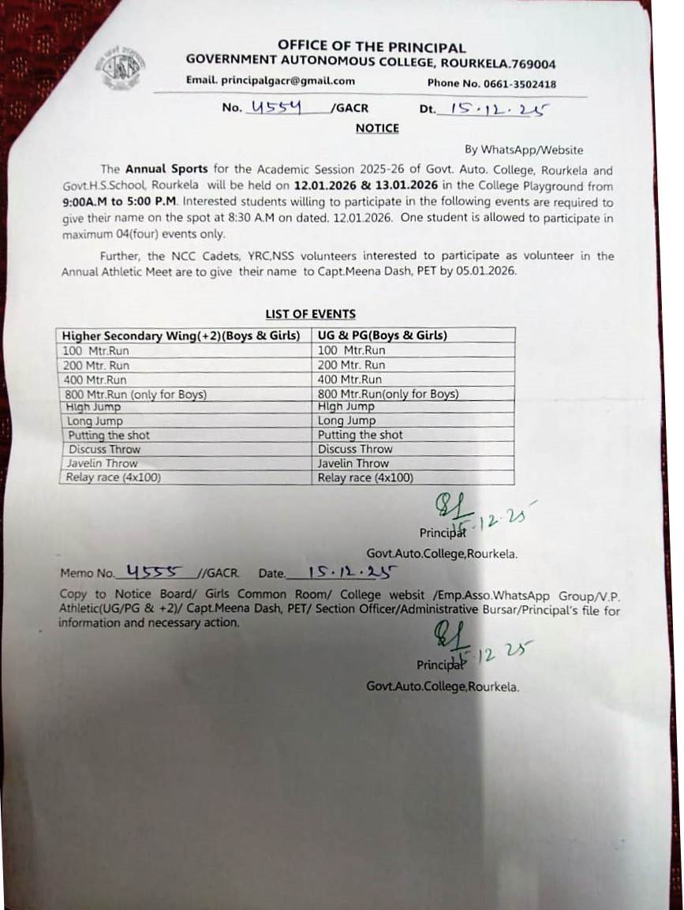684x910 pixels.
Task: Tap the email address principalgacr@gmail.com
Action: pos(271,81)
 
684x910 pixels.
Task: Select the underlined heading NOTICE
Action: pos(377,128)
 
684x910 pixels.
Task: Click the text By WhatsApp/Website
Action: pos(524,149)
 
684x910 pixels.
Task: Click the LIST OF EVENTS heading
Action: pos(310,314)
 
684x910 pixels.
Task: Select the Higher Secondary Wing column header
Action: pos(181,335)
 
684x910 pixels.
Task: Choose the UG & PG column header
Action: pos(382,335)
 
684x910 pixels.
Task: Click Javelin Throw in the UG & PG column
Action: pos(353,463)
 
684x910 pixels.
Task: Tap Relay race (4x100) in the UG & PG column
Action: pos(364,477)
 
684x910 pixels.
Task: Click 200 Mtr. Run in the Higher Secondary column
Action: pos(97,365)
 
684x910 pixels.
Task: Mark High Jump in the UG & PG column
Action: pos(346,406)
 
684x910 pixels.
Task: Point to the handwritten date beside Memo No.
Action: pos(352,572)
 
